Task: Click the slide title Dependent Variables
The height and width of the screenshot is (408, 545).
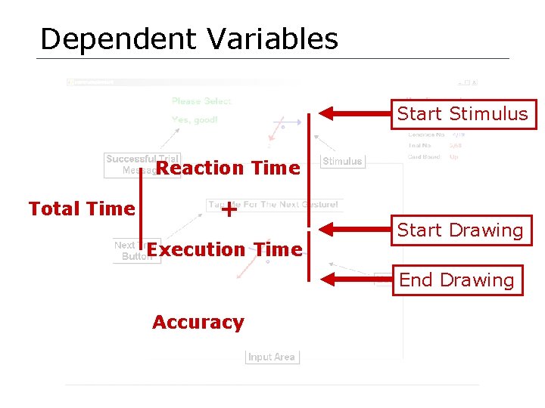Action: [x=188, y=39]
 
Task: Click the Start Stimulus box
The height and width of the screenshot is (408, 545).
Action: [x=462, y=114]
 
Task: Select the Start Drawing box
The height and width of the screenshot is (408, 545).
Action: [x=460, y=230]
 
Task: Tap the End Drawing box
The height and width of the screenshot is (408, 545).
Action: [x=456, y=280]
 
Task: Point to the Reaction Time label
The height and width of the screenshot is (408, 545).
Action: [x=228, y=168]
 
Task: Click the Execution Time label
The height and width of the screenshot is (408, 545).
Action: [x=224, y=250]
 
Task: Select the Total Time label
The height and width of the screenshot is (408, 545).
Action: [x=82, y=209]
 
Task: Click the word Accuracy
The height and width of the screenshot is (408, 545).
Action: [x=198, y=323]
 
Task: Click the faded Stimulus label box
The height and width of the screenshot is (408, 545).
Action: [x=342, y=161]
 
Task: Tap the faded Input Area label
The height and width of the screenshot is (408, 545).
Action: [x=272, y=357]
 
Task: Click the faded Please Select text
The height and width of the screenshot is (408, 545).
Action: [x=201, y=101]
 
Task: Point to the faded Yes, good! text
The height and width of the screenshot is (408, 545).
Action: [x=195, y=119]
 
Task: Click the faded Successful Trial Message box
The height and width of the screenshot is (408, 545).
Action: [x=130, y=165]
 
